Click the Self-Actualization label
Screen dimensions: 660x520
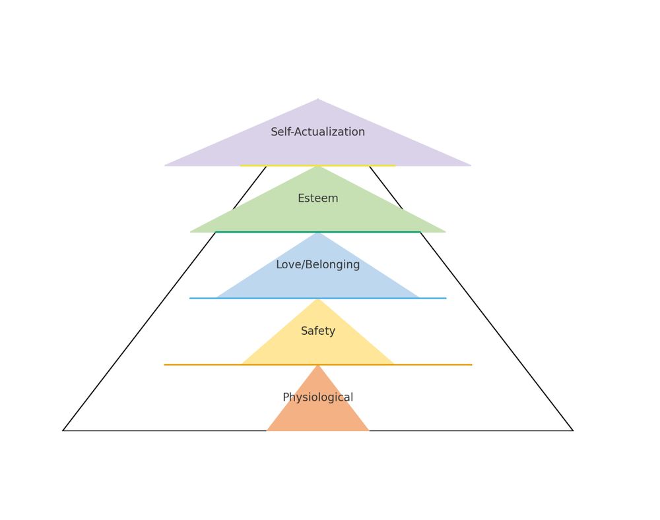click(x=318, y=132)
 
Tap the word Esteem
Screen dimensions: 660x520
click(x=318, y=198)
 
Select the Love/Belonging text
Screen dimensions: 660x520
click(x=318, y=265)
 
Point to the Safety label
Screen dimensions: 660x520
click(x=318, y=332)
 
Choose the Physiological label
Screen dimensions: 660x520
click(x=318, y=397)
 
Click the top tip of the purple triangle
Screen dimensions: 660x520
click(x=318, y=100)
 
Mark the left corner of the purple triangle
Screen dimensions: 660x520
click(x=164, y=165)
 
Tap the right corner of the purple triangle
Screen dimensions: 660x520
click(x=471, y=165)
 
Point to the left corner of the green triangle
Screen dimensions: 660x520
click(x=190, y=232)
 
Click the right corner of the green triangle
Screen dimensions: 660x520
click(x=445, y=232)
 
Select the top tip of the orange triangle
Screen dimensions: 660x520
click(x=318, y=365)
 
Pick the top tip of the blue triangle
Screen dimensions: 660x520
click(x=318, y=232)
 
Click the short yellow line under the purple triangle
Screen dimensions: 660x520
click(x=318, y=165)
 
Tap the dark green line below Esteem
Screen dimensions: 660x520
click(x=318, y=231)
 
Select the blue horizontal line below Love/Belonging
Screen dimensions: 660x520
click(x=318, y=298)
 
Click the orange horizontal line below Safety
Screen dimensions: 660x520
click(x=318, y=364)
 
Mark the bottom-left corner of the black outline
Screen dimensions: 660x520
click(x=63, y=430)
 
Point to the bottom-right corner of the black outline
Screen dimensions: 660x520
click(x=573, y=430)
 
